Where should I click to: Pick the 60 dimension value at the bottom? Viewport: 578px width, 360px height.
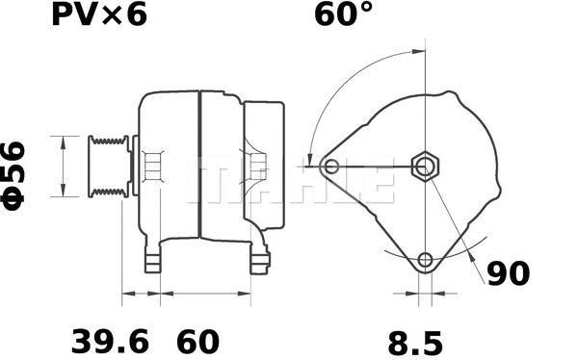pos(197,341)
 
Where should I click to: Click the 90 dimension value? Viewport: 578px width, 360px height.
pos(508,274)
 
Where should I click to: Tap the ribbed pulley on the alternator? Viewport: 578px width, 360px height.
pos(109,167)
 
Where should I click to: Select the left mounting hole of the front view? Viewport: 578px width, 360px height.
pos(331,167)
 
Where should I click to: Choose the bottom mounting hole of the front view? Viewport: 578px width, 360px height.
pos(425,260)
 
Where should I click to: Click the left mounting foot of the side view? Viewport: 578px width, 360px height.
pos(154,260)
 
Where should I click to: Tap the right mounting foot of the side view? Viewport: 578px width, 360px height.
pos(260,260)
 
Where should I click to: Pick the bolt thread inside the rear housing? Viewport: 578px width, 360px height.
pos(257,168)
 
